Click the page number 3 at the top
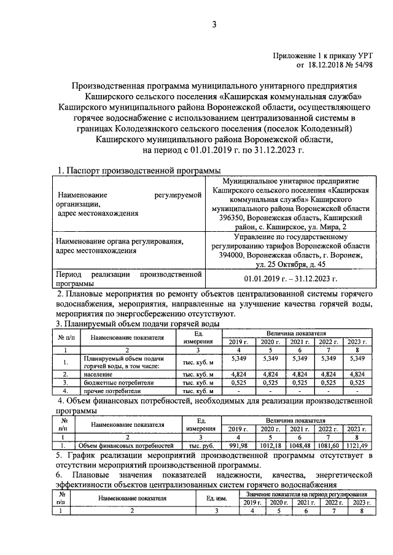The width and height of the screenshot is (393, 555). pos(214,25)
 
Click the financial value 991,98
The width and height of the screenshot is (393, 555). pos(237,445)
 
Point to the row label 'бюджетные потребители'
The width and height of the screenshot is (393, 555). pos(115,381)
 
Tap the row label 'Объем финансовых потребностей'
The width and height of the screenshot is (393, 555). pos(125,446)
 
